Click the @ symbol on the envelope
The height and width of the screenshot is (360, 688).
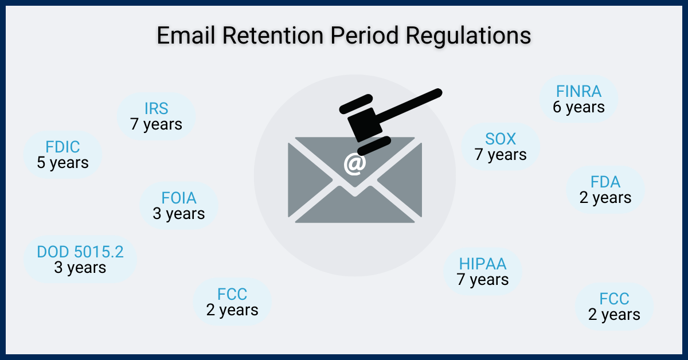point(354,163)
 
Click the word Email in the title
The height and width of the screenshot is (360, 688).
point(186,36)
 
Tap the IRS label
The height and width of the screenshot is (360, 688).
point(156,109)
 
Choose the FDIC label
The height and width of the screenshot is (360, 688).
point(62,147)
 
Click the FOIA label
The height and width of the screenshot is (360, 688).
point(178,198)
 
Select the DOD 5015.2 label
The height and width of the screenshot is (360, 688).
point(80,252)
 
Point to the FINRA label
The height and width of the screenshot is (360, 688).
point(578,91)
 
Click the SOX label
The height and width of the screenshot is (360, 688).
point(501,139)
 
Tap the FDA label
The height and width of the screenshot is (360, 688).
point(605,182)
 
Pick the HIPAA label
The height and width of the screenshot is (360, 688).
point(482,264)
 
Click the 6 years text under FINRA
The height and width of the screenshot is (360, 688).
point(578,107)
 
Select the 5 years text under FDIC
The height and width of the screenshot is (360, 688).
point(62,163)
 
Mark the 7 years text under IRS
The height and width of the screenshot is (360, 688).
point(156,124)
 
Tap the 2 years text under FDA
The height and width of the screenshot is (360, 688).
point(605,198)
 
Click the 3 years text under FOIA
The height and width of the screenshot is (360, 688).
point(178,214)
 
